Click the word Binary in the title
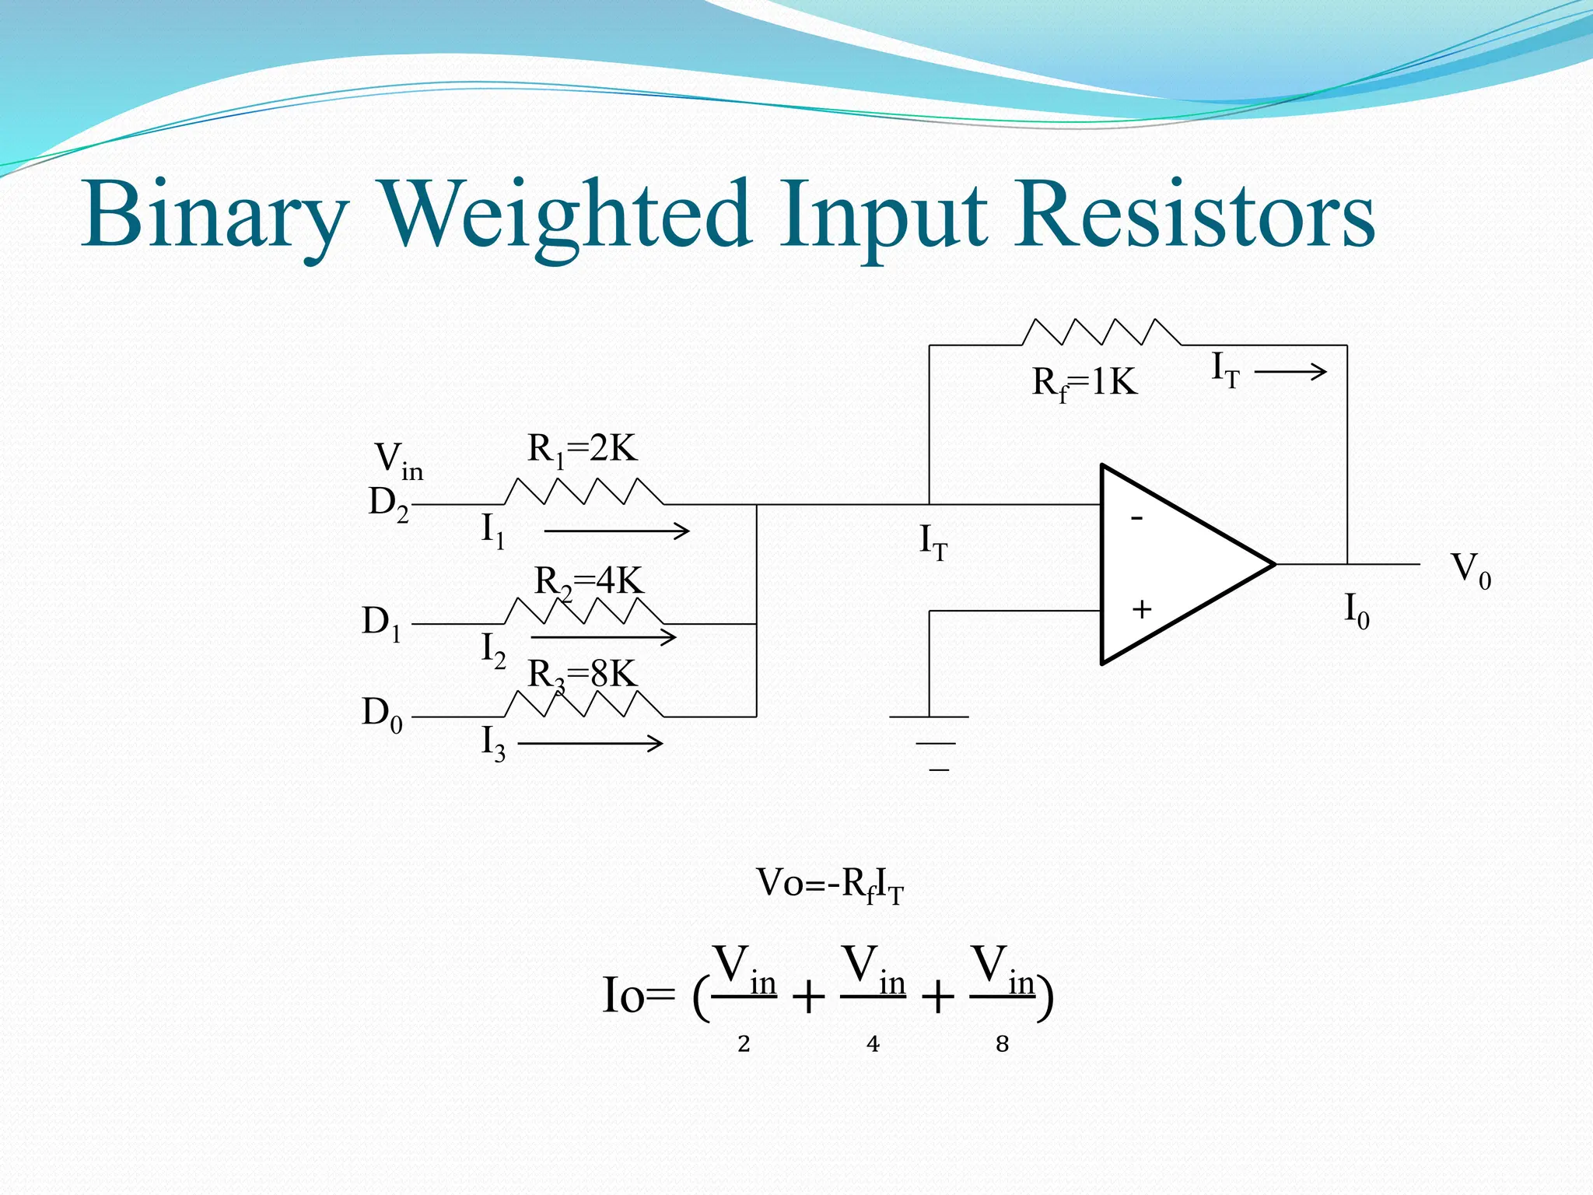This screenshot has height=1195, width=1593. click(x=214, y=215)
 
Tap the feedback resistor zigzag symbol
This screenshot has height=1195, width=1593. click(x=1101, y=332)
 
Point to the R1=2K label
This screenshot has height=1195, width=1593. click(x=582, y=450)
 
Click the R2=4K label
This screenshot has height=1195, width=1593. click(x=589, y=582)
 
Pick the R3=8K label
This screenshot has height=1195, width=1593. click(x=582, y=675)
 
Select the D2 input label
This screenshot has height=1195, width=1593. click(x=388, y=503)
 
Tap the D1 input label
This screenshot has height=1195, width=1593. click(x=382, y=623)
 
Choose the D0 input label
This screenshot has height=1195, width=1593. click(x=382, y=713)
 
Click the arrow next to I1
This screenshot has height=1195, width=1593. click(x=616, y=531)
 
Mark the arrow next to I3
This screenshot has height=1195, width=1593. click(x=590, y=744)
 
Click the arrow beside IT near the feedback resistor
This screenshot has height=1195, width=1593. click(x=1290, y=372)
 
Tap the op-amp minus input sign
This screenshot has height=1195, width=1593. click(x=1136, y=517)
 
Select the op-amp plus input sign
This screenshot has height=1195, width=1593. click(x=1141, y=609)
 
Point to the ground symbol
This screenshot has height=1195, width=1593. click(x=930, y=742)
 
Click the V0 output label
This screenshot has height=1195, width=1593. click(x=1471, y=569)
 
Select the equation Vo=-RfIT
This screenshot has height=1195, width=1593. click(x=830, y=885)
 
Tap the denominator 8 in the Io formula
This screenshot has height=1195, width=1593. click(x=1002, y=1044)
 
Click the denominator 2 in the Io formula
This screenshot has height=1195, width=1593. click(x=744, y=1044)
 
